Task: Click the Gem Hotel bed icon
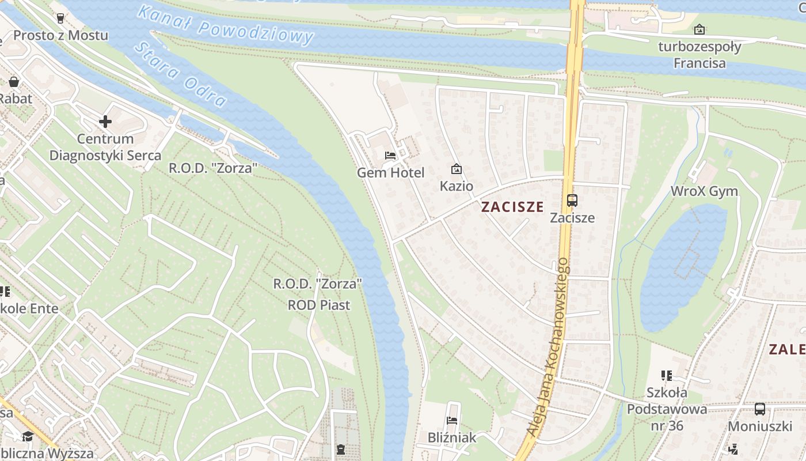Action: (x=390, y=156)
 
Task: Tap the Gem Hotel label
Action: (x=390, y=172)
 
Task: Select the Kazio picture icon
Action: (x=456, y=169)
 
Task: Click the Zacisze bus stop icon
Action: (x=572, y=201)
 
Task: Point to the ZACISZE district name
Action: (x=512, y=207)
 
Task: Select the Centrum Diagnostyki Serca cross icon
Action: (x=105, y=122)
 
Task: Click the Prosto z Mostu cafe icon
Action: (x=60, y=18)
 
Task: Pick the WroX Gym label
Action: (x=704, y=191)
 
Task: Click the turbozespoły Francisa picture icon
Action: (x=699, y=29)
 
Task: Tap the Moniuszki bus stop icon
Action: (x=760, y=409)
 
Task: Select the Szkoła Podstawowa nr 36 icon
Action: (x=667, y=376)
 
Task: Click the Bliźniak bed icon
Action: (x=452, y=421)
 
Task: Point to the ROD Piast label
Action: (x=318, y=305)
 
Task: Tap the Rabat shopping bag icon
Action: (x=14, y=82)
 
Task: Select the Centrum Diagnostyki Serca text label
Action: (x=105, y=147)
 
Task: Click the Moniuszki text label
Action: (x=760, y=426)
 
